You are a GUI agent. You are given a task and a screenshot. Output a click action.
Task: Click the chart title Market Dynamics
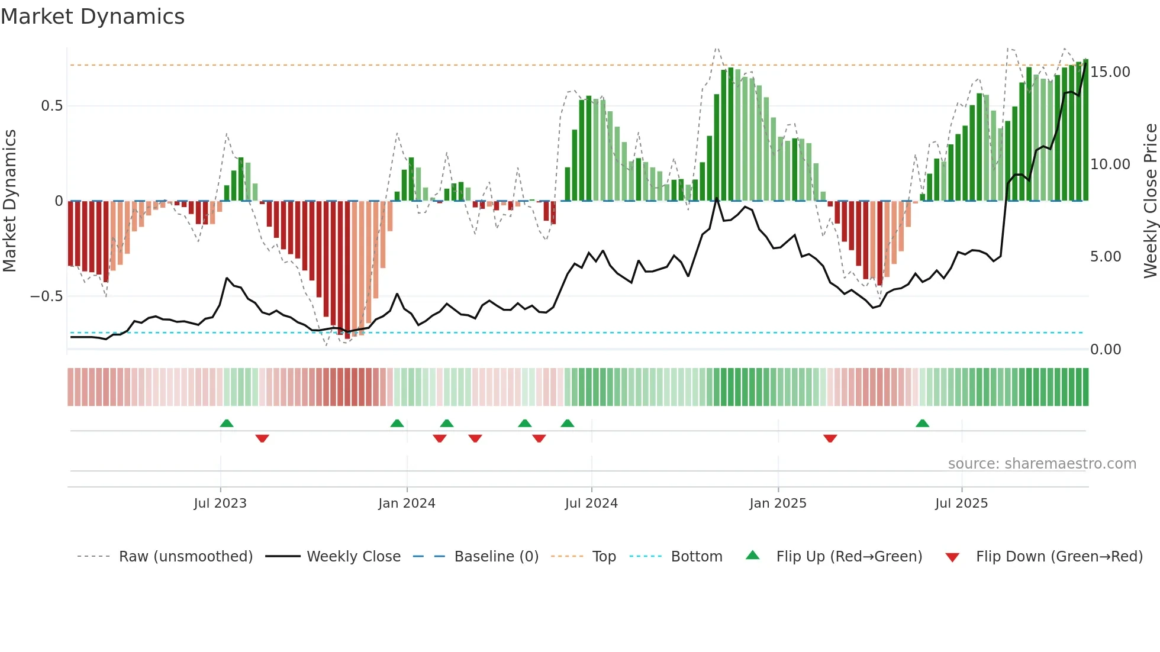(x=93, y=17)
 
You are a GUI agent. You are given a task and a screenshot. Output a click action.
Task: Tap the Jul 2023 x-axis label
(x=220, y=503)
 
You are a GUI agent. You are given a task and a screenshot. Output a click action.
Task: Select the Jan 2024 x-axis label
(x=407, y=503)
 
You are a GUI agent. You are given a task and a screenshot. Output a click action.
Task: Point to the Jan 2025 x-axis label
(x=778, y=503)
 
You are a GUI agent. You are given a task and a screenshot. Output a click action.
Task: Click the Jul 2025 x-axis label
(x=961, y=503)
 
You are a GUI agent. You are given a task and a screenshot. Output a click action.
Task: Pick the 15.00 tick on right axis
(x=1110, y=72)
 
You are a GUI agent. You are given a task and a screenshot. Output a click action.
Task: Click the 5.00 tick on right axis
(x=1105, y=257)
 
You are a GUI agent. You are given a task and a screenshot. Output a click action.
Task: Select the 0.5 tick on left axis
(x=51, y=106)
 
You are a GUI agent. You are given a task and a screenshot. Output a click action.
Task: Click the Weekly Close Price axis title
(x=1150, y=201)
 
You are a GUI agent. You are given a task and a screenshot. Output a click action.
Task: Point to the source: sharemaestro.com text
(x=1042, y=464)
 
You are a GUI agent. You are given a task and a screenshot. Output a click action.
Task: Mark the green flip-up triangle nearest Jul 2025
(x=922, y=423)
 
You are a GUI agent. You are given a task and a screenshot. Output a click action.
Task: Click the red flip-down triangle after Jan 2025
(x=830, y=438)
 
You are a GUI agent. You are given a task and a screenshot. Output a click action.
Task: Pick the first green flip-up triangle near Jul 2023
(x=227, y=423)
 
